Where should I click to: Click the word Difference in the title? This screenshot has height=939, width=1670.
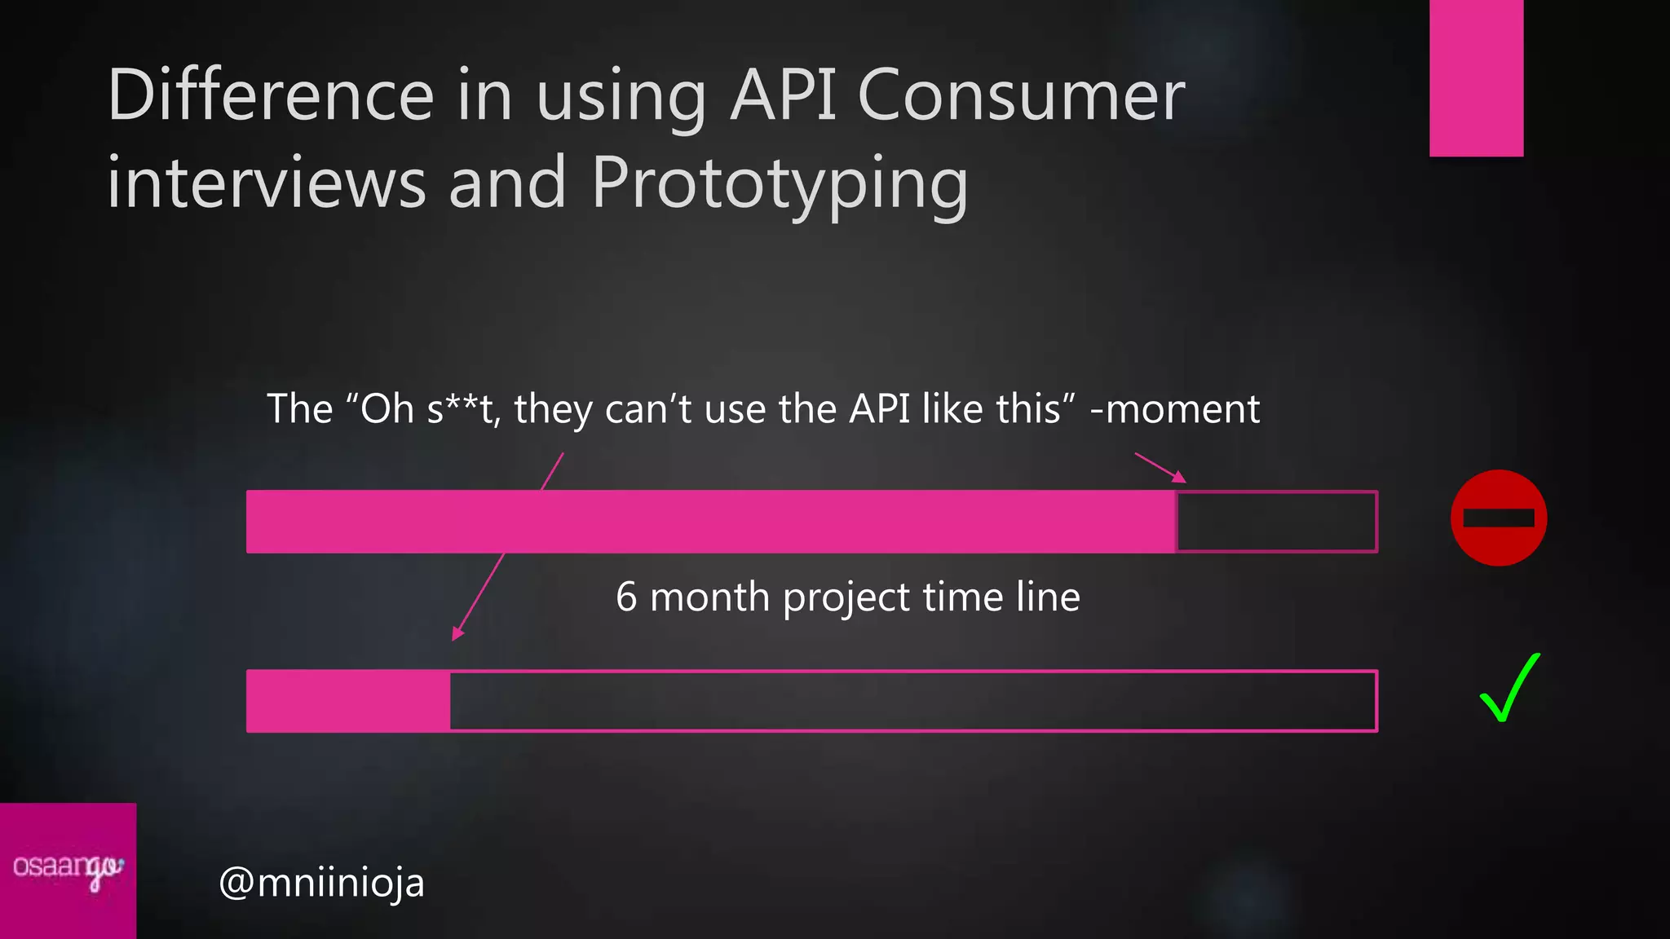(x=270, y=95)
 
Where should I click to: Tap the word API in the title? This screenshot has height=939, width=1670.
(x=783, y=95)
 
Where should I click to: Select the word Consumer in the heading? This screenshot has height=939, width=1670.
(x=1021, y=95)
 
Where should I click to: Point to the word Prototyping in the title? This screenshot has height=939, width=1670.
(x=780, y=184)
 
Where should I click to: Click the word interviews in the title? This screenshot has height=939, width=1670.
(x=267, y=183)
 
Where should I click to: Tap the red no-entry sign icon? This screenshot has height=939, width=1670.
(x=1498, y=518)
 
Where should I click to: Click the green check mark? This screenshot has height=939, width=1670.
(x=1509, y=689)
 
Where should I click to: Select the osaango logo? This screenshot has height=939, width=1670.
(x=68, y=869)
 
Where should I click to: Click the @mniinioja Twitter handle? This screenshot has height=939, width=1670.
(x=321, y=883)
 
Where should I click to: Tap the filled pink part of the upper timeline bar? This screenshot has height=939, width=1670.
(x=709, y=522)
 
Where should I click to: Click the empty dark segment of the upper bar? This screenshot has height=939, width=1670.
(x=1276, y=522)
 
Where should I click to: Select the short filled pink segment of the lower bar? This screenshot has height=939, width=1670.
(x=348, y=701)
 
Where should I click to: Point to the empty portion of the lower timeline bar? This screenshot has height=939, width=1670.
(x=913, y=701)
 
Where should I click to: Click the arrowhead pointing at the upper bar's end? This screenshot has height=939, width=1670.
(x=1179, y=477)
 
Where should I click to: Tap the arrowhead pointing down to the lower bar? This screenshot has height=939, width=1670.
(x=457, y=633)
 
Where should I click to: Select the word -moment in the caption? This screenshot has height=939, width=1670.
(x=1174, y=409)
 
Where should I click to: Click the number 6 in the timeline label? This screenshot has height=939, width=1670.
(x=626, y=597)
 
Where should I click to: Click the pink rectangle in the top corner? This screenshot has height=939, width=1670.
(x=1476, y=77)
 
